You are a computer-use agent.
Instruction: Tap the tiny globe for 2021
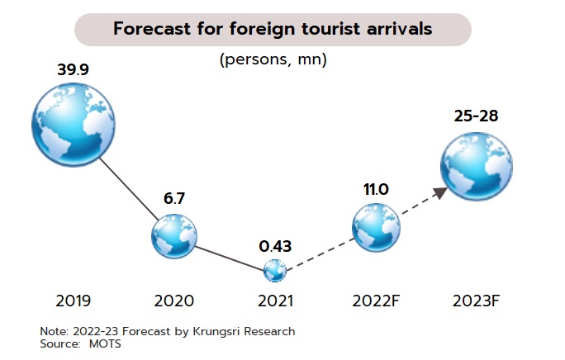[274, 270]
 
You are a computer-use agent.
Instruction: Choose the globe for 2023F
[476, 164]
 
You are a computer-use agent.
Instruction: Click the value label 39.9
[73, 69]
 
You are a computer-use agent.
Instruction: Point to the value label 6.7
[175, 199]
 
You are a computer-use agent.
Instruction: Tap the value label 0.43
[275, 246]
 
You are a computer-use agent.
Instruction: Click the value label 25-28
[476, 116]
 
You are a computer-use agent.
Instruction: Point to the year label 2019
[73, 301]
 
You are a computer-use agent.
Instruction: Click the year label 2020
[174, 301]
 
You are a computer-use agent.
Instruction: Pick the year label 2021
[274, 301]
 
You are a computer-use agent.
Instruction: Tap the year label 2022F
[376, 301]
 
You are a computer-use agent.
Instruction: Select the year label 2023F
[477, 301]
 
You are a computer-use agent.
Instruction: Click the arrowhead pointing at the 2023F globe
[440, 192]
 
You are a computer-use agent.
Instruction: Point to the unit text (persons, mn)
[273, 60]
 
